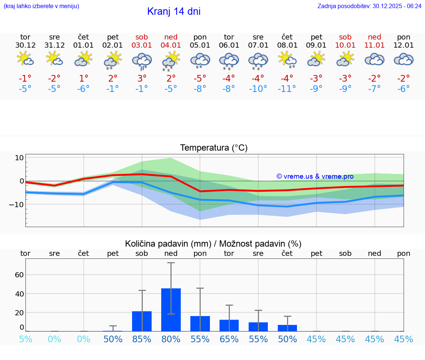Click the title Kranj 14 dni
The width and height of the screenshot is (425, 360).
[174, 11]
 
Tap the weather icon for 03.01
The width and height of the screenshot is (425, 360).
[142, 61]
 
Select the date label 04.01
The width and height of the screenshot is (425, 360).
[171, 45]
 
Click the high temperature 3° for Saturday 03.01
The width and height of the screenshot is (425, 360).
[142, 79]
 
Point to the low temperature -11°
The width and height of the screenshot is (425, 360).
[287, 89]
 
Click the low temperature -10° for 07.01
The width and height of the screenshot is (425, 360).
[258, 89]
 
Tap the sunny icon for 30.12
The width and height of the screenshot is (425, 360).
[25, 59]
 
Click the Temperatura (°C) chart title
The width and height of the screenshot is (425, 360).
[214, 148]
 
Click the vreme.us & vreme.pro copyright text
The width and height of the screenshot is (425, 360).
[315, 176]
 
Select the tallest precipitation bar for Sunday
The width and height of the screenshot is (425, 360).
[171, 310]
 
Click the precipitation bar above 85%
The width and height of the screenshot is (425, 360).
[142, 321]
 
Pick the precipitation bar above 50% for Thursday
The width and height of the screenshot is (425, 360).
[287, 328]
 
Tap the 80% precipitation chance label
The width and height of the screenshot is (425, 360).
[171, 339]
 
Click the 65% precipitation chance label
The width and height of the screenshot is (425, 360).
[229, 339]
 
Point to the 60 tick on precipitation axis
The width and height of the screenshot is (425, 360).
[19, 275]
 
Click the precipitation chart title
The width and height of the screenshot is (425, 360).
[213, 244]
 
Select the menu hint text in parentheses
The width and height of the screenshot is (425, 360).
[41, 6]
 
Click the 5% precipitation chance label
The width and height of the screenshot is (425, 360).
[25, 339]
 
